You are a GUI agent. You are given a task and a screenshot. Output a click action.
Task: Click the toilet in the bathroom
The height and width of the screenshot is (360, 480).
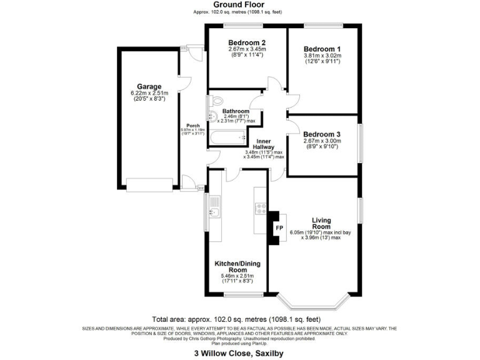pos(216,101)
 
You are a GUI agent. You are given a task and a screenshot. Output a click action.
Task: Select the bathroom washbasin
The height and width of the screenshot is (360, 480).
pos(212,117)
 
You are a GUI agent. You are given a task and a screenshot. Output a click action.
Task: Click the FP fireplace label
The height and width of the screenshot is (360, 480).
pos(279,228)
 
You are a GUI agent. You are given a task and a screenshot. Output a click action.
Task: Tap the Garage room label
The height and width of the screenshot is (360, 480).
pos(149,87)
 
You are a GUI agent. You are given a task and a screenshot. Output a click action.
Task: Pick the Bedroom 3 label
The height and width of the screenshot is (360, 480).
pos(322,133)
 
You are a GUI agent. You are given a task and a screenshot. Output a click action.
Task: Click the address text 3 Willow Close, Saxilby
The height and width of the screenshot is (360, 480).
pos(240,353)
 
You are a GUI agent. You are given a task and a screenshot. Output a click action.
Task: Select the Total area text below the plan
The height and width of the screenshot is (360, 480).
pos(240,318)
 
